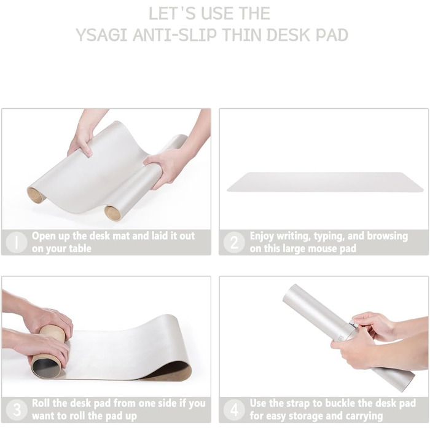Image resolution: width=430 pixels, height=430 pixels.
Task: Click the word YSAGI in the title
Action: click(101, 35)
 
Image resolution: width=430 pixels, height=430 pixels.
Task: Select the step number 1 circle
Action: click(17, 243)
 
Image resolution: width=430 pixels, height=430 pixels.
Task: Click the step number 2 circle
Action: click(234, 243)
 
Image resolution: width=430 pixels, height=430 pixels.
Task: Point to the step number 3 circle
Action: click(17, 410)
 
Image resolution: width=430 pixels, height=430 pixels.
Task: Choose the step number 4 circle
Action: click(234, 410)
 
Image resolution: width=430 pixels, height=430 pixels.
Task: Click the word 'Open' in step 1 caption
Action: click(43, 236)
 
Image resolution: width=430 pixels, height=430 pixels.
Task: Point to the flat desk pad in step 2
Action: click(325, 182)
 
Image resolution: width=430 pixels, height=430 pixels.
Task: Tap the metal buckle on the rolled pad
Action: click(353, 326)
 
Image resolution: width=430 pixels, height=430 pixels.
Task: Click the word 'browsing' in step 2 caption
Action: click(387, 236)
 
